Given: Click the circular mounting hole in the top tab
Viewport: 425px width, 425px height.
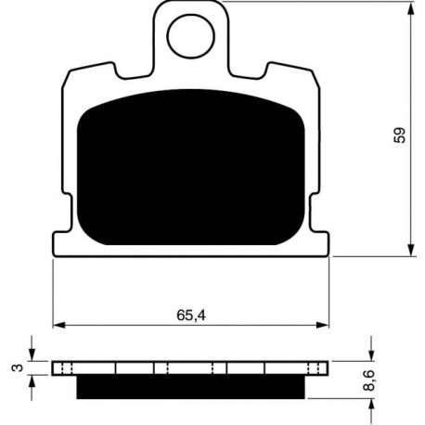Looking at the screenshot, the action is [190, 36].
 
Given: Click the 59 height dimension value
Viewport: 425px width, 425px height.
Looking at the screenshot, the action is [399, 135].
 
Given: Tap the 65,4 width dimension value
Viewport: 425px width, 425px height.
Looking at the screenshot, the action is [191, 316].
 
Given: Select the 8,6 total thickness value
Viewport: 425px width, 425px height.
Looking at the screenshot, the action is [369, 380].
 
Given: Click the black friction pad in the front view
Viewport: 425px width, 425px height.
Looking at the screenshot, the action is [191, 167].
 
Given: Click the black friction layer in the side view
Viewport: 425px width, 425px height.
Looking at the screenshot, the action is [190, 387].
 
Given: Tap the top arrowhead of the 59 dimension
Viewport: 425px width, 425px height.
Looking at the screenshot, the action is [410, 9].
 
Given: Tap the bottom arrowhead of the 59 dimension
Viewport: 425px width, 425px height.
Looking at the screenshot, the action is [410, 250].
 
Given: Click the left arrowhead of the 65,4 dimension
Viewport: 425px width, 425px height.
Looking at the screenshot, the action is [59, 325].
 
